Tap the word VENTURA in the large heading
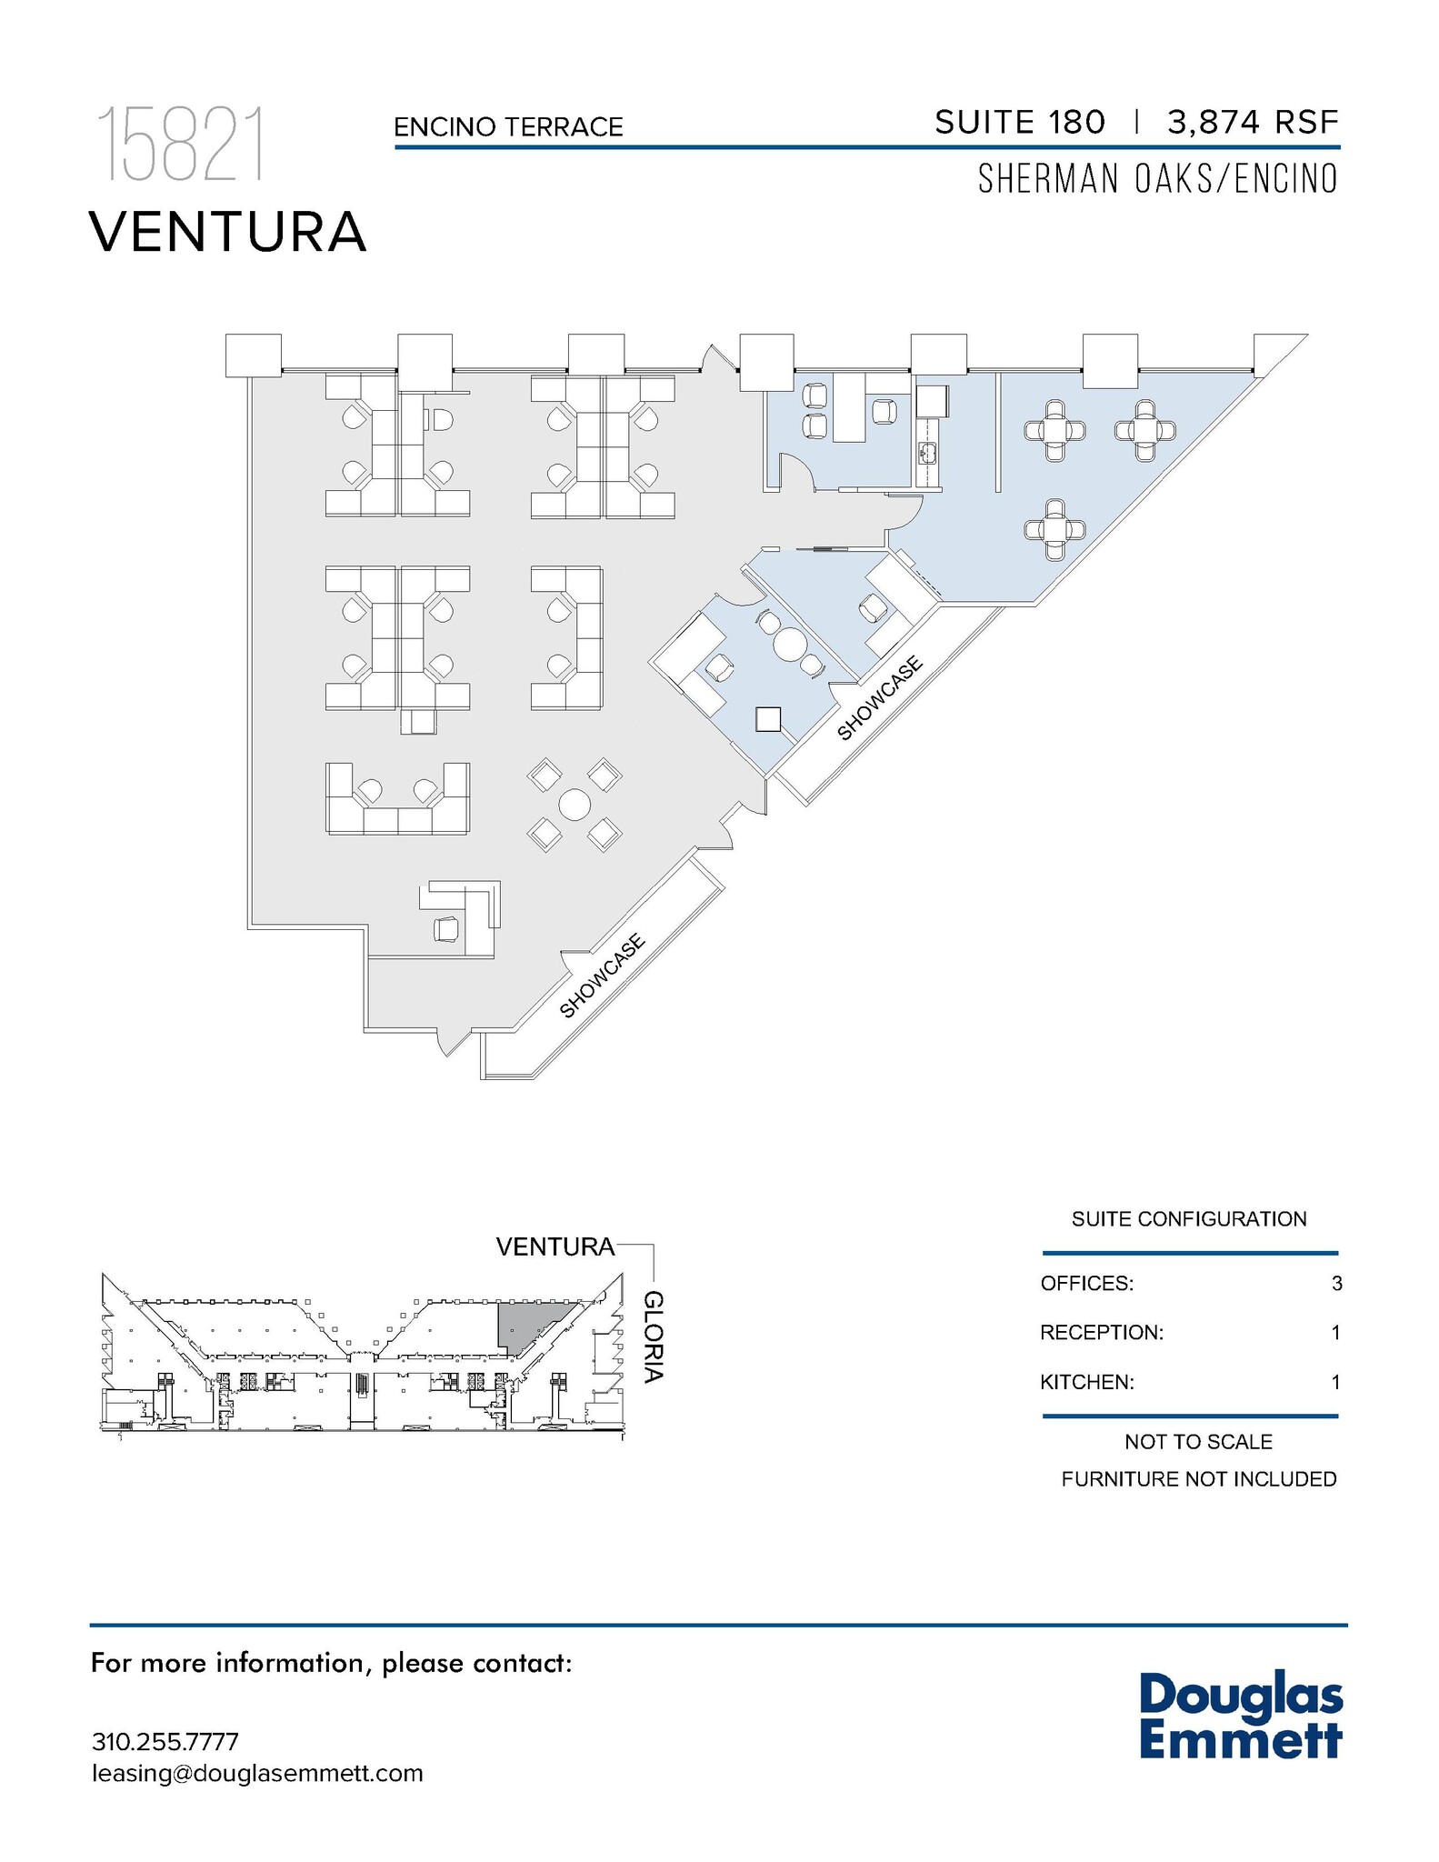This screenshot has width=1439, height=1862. click(x=227, y=232)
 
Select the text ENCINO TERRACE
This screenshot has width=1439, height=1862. click(x=508, y=127)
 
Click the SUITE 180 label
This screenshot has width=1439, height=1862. click(x=1019, y=122)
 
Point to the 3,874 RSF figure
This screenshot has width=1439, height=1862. click(x=1253, y=122)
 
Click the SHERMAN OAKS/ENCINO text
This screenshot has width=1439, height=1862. click(x=1157, y=179)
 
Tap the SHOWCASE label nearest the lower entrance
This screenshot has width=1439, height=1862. click(x=602, y=976)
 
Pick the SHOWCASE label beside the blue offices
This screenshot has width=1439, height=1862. click(x=879, y=697)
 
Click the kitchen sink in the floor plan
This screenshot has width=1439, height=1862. click(x=927, y=452)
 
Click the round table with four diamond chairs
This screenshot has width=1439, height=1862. click(x=575, y=805)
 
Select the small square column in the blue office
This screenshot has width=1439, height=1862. click(x=768, y=719)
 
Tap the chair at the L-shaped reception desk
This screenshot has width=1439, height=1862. click(x=447, y=929)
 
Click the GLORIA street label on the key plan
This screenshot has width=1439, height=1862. click(x=653, y=1336)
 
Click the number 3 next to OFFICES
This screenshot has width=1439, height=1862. click(x=1335, y=1284)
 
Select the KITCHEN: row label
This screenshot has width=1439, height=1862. click(x=1086, y=1383)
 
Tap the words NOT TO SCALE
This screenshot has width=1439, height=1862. click(x=1197, y=1442)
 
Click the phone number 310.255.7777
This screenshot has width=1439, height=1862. click(x=165, y=1742)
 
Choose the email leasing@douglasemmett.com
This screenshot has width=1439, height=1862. click(x=257, y=1774)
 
